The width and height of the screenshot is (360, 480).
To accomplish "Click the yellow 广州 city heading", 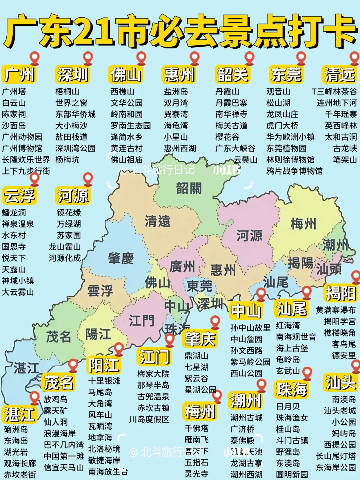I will pyautogui.click(x=19, y=74).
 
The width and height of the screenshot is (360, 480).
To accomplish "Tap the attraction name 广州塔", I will pyautogui.click(x=14, y=91).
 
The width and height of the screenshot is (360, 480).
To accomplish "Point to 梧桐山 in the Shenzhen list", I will pyautogui.click(x=67, y=91).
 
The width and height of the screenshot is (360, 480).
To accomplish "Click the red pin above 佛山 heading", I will pyautogui.click(x=141, y=58).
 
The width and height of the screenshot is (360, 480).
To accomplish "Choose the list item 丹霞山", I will pyautogui.click(x=227, y=91).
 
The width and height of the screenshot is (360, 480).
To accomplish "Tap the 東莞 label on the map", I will pyautogui.click(x=199, y=286).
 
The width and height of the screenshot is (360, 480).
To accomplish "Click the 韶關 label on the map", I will pyautogui.click(x=189, y=188).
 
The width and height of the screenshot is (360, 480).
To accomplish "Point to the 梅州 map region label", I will pyautogui.click(x=303, y=223).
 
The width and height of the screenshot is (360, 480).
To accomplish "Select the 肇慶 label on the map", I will pyautogui.click(x=121, y=258).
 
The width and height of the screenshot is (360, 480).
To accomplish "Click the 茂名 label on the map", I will pyautogui.click(x=58, y=337).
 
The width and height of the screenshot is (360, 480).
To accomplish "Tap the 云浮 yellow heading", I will pyautogui.click(x=19, y=195).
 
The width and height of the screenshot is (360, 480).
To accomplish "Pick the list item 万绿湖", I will pyautogui.click(x=69, y=224).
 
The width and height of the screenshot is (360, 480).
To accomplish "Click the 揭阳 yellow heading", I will pyautogui.click(x=341, y=293).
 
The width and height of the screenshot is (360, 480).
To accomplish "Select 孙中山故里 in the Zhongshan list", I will pyautogui.click(x=250, y=328).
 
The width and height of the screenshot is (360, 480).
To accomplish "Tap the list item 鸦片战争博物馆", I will pyautogui.click(x=294, y=171).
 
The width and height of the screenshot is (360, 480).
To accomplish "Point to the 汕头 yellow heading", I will pyautogui.click(x=341, y=382).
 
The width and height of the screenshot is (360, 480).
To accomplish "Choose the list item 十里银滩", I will pyautogui.click(x=104, y=381).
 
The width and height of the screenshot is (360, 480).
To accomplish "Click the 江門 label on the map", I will pyautogui.click(x=142, y=321).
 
